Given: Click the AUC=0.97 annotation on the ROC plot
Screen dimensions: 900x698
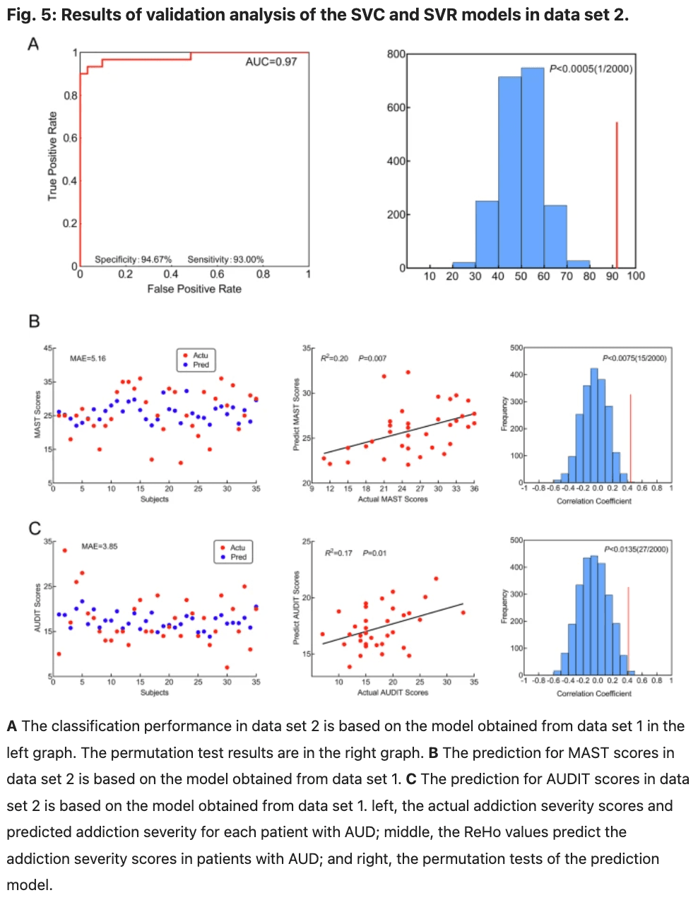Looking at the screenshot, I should pyautogui.click(x=271, y=62).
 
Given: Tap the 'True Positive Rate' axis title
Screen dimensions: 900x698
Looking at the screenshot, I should pyautogui.click(x=52, y=156).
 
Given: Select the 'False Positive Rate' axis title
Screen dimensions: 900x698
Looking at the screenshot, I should pyautogui.click(x=194, y=289).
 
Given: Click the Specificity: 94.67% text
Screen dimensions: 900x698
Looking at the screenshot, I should pyautogui.click(x=133, y=259).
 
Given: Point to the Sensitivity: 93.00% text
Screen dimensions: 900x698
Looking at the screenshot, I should pyautogui.click(x=225, y=259).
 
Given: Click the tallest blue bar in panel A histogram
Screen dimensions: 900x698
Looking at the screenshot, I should pyautogui.click(x=533, y=170).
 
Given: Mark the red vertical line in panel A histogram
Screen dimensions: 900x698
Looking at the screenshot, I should pyautogui.click(x=617, y=194).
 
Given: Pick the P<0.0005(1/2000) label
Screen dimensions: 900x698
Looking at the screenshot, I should pyautogui.click(x=591, y=69).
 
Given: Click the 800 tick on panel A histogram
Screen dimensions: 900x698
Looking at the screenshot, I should pyautogui.click(x=396, y=54).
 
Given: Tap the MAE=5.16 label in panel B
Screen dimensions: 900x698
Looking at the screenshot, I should pyautogui.click(x=88, y=359).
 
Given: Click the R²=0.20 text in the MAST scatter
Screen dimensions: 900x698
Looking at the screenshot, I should pyautogui.click(x=334, y=358).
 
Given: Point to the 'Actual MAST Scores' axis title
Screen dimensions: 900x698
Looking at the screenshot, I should pyautogui.click(x=393, y=499).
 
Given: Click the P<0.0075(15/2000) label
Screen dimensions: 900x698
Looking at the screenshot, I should pyautogui.click(x=634, y=358).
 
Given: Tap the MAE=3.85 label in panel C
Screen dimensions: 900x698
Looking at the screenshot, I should pyautogui.click(x=100, y=546).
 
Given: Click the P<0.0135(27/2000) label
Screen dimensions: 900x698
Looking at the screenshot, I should pyautogui.click(x=636, y=550).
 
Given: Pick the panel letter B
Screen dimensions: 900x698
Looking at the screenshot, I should pyautogui.click(x=34, y=322).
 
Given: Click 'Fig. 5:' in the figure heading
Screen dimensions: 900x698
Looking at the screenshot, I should pyautogui.click(x=31, y=15).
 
